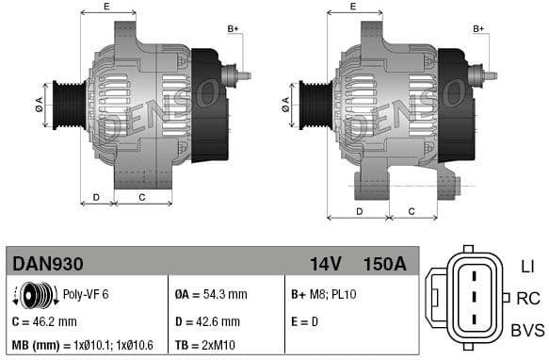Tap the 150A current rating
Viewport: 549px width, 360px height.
[384, 264]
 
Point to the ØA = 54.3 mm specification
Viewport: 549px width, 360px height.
[211, 294]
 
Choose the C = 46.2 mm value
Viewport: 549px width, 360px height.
[44, 321]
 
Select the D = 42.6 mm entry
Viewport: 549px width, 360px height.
[209, 321]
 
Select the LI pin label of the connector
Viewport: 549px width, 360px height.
[526, 268]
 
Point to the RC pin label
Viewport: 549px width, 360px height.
[527, 299]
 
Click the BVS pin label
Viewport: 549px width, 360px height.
[527, 330]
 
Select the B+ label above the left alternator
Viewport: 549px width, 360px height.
[233, 29]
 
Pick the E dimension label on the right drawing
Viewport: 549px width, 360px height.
[353, 8]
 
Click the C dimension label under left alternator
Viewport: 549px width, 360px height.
[141, 197]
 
